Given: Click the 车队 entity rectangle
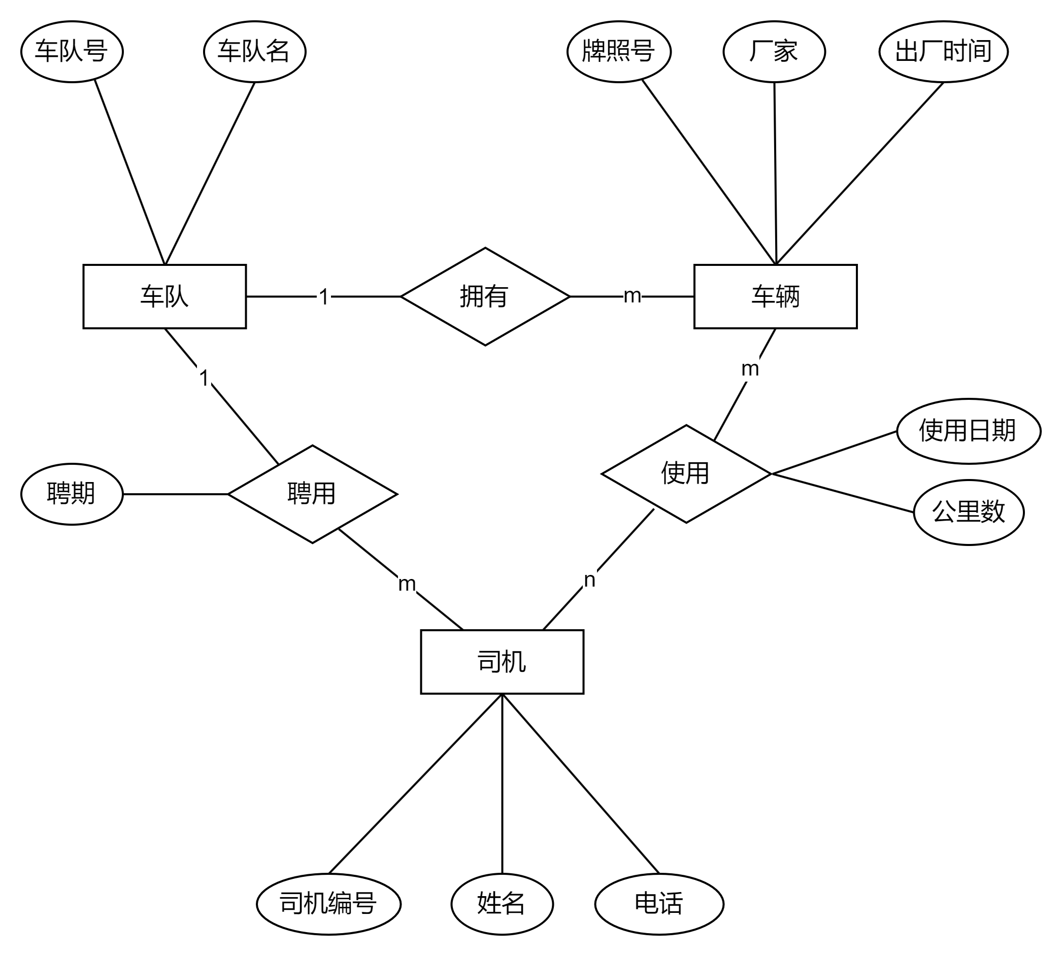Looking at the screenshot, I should click(x=164, y=296).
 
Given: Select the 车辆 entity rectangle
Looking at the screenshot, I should click(x=775, y=296).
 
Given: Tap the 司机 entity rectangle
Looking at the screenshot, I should click(x=502, y=661).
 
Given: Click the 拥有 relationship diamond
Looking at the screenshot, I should click(x=485, y=296).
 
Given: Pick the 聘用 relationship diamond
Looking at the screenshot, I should click(x=312, y=494).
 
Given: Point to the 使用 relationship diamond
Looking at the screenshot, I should click(x=686, y=473).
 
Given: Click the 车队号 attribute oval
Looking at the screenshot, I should click(x=72, y=51).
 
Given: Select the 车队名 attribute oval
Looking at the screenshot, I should click(x=254, y=51).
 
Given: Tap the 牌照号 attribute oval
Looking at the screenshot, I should click(x=618, y=51).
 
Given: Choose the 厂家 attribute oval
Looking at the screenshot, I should click(x=774, y=51).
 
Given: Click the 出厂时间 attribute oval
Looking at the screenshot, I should click(x=943, y=51).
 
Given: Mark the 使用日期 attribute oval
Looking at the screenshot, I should click(x=969, y=431).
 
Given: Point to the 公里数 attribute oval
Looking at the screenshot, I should click(x=969, y=512).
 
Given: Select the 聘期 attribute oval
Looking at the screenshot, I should click(x=72, y=494).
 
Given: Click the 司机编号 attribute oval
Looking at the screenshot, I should click(x=328, y=903).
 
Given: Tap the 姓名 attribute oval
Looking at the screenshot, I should click(x=502, y=903).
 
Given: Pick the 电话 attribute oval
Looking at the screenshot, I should click(x=659, y=903).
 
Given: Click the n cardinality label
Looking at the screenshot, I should click(x=589, y=579).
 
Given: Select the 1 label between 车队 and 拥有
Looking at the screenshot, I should click(x=324, y=297).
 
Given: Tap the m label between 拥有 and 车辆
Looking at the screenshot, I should click(x=632, y=295).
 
